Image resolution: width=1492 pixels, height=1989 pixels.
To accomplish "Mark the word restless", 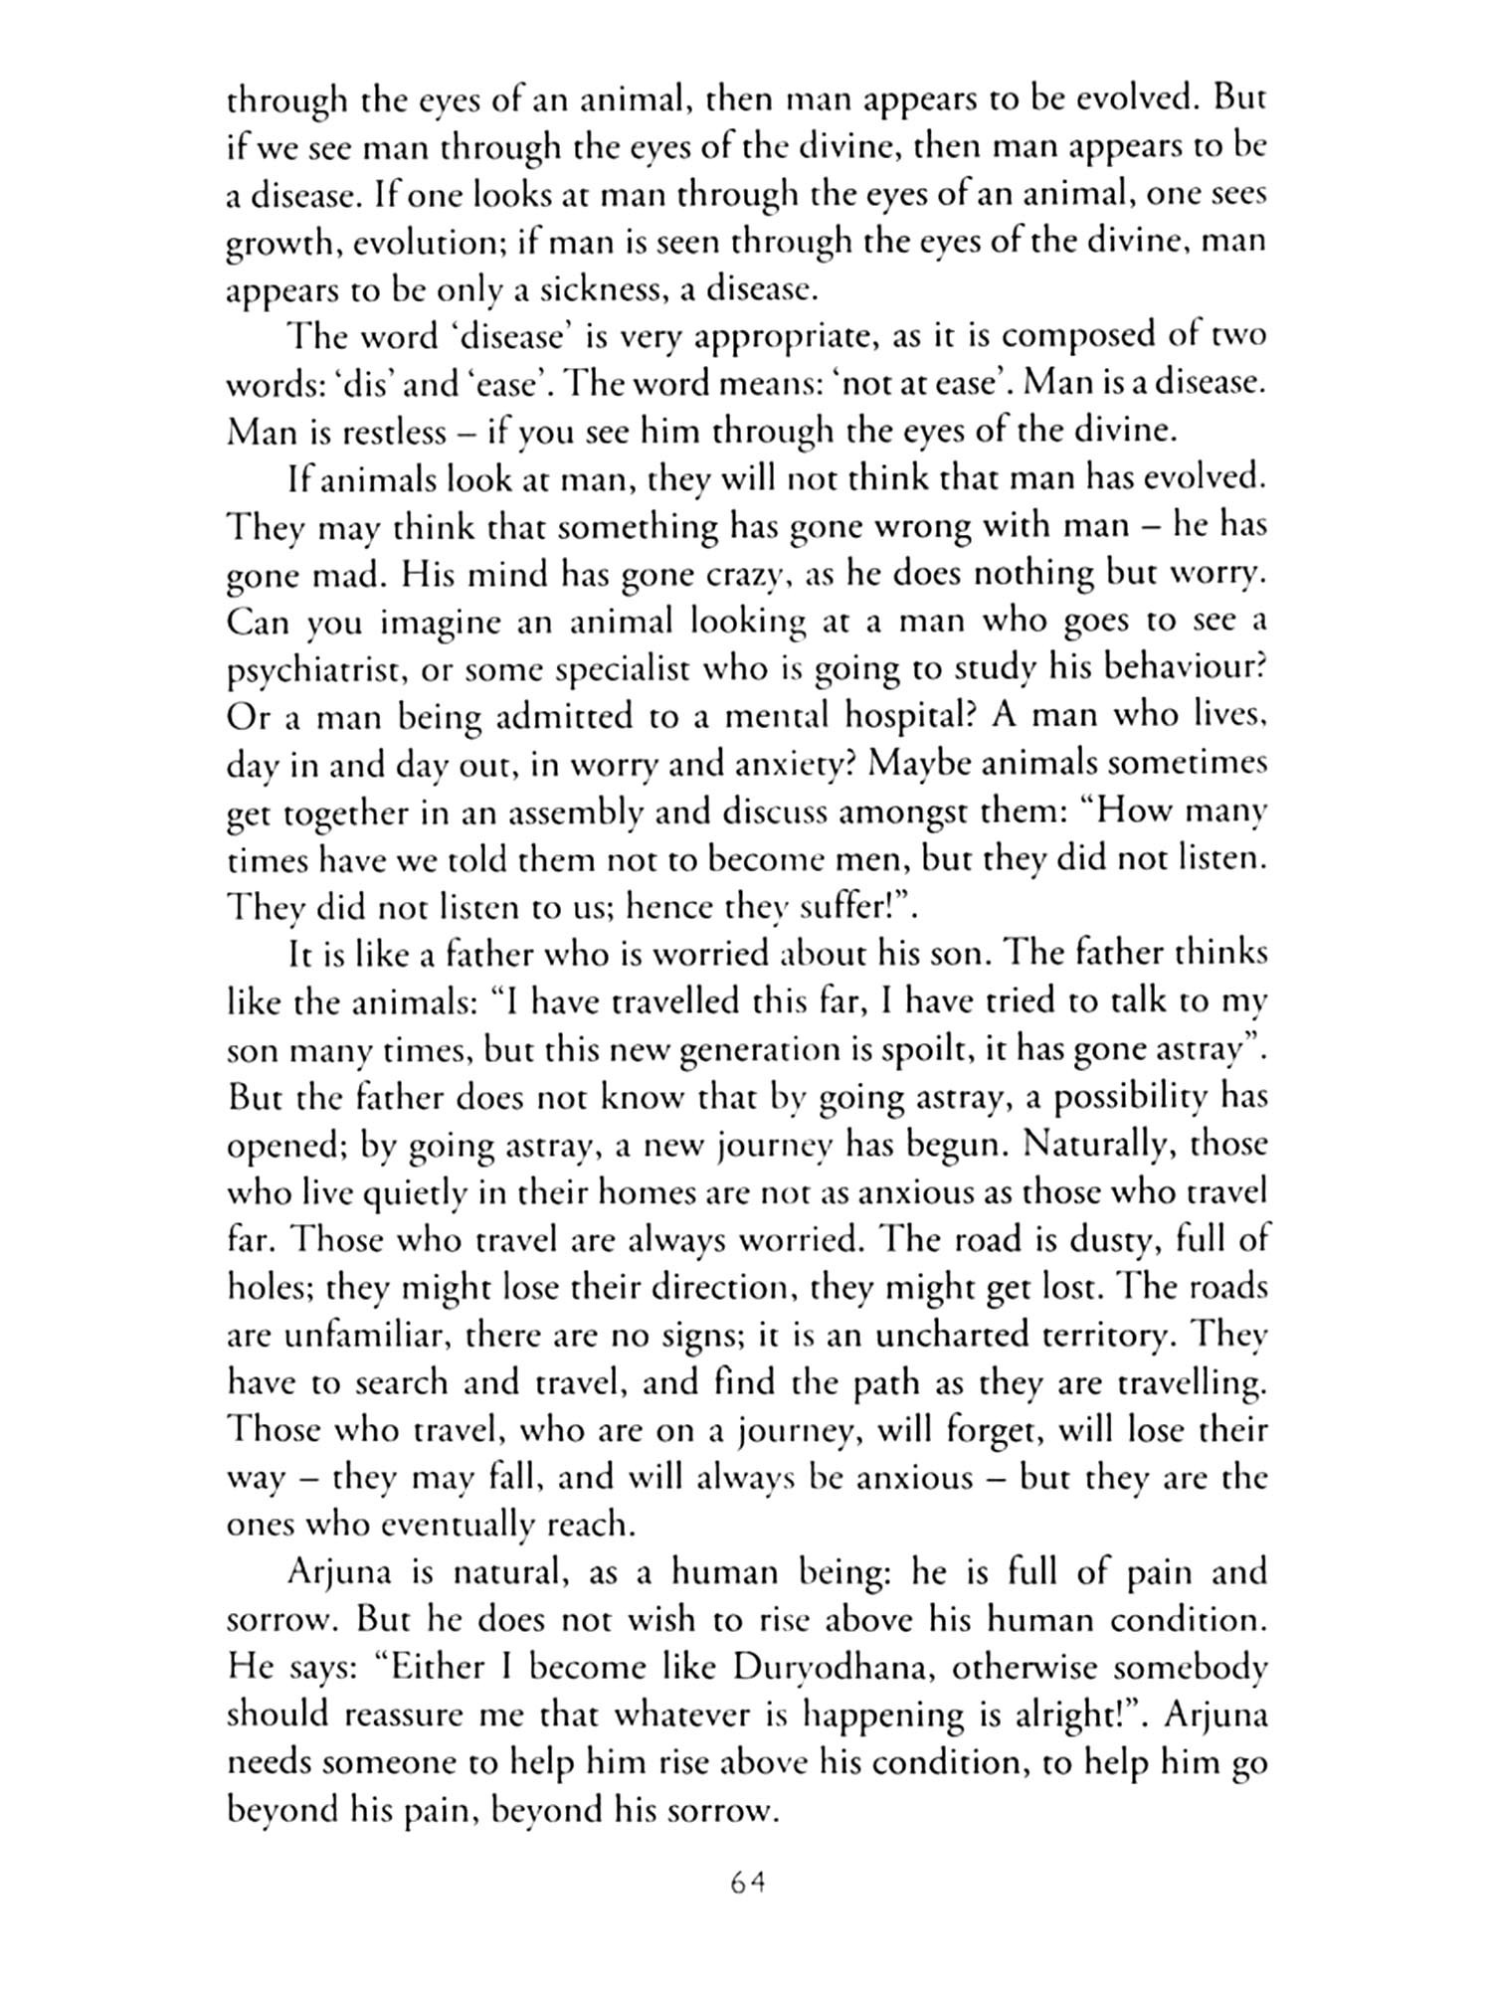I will point(366,433).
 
